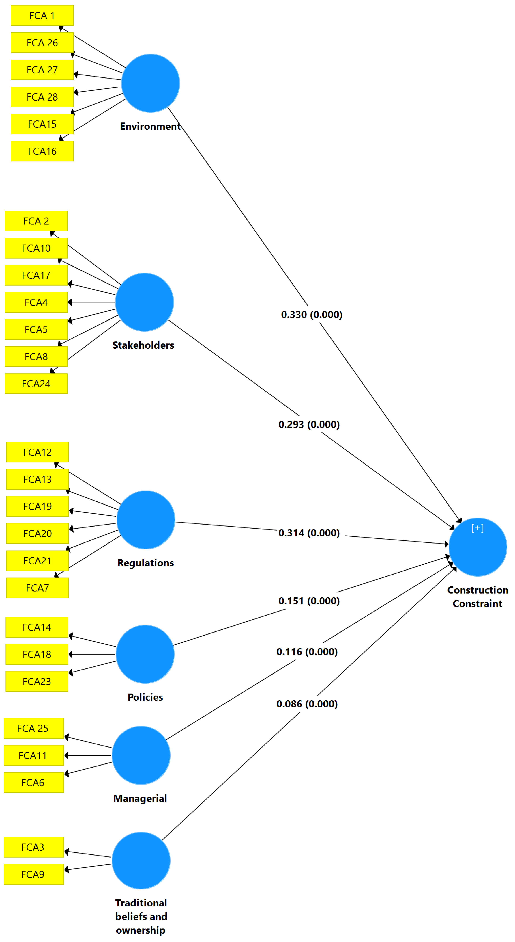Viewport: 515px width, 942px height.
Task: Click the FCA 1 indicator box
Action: point(42,16)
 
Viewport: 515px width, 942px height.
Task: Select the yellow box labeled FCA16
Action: point(42,151)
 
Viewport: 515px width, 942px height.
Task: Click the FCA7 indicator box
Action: point(37,588)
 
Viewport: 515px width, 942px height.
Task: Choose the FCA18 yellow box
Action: point(37,654)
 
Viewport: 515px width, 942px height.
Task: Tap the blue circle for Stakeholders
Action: point(144,302)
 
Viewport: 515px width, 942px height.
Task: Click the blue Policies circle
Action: point(145,654)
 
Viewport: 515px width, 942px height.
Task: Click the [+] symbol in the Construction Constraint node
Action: point(477,528)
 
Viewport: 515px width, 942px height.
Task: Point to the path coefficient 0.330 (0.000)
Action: point(311,315)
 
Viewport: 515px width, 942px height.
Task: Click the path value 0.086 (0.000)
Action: point(307,704)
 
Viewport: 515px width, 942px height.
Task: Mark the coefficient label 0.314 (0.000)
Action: point(309,533)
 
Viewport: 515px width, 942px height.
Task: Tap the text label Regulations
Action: point(145,563)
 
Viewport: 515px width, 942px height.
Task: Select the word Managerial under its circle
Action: point(140,798)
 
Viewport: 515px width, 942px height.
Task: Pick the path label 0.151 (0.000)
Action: point(309,601)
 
